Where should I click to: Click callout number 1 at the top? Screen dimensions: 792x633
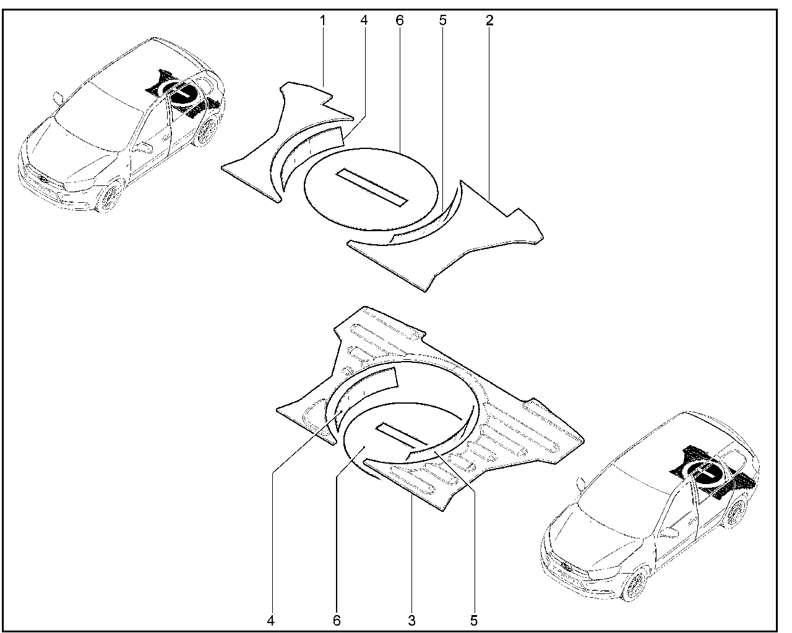323,20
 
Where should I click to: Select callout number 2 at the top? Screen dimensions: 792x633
489,20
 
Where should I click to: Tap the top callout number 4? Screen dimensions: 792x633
364,20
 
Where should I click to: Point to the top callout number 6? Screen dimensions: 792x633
400,20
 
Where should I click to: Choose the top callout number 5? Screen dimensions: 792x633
443,20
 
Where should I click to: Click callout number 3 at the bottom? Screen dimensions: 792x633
412,621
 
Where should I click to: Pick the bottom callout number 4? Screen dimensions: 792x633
271,621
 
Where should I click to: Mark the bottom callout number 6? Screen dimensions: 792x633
337,621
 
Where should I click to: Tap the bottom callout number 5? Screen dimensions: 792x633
474,621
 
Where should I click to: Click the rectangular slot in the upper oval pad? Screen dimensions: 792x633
372,187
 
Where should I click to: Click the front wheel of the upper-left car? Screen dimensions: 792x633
110,198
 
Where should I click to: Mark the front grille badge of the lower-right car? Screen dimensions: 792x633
566,567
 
